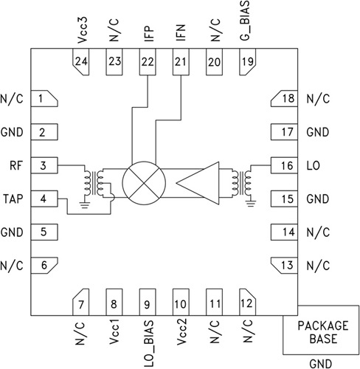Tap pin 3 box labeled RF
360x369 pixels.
[x=44, y=165]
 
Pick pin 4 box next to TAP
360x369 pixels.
[x=44, y=199]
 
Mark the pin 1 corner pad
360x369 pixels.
[x=44, y=99]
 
